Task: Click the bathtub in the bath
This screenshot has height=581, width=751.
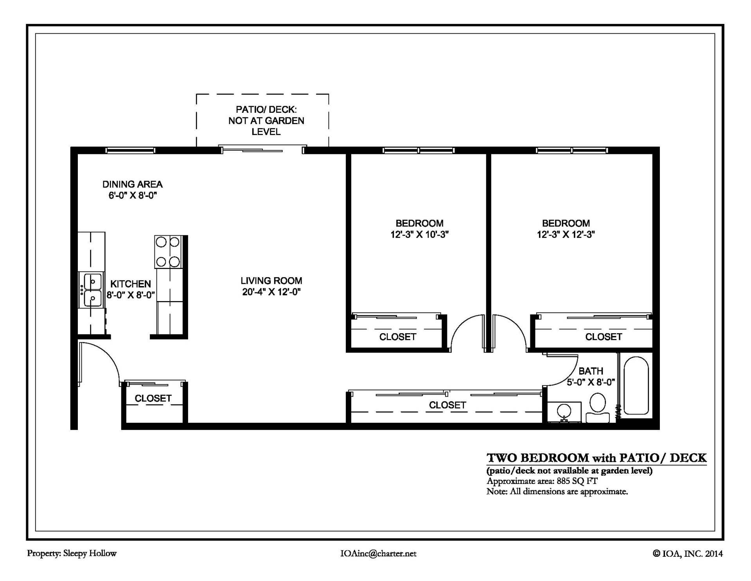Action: (x=636, y=385)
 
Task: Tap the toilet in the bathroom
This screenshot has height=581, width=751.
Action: (x=597, y=408)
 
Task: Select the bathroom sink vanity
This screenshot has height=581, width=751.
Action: (x=564, y=411)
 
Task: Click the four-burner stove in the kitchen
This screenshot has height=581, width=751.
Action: (x=168, y=252)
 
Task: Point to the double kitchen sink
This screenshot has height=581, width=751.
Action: (x=92, y=290)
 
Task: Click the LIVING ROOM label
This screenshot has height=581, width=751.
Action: (x=271, y=281)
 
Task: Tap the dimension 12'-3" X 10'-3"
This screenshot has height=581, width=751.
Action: (x=419, y=235)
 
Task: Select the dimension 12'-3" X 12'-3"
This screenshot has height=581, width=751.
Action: (x=566, y=235)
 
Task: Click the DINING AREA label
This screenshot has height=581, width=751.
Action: (x=132, y=184)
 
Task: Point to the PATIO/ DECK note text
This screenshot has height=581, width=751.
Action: (x=266, y=121)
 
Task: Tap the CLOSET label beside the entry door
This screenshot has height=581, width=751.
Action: (x=153, y=398)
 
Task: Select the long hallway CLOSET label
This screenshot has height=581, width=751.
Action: (x=447, y=405)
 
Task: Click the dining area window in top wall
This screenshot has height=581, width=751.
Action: (x=131, y=150)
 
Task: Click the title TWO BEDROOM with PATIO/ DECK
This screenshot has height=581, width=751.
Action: (x=596, y=458)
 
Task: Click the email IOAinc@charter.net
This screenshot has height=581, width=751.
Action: (x=378, y=554)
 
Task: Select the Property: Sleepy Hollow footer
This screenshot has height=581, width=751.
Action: (x=72, y=553)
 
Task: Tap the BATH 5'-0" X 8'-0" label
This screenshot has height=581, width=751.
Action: (x=591, y=376)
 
